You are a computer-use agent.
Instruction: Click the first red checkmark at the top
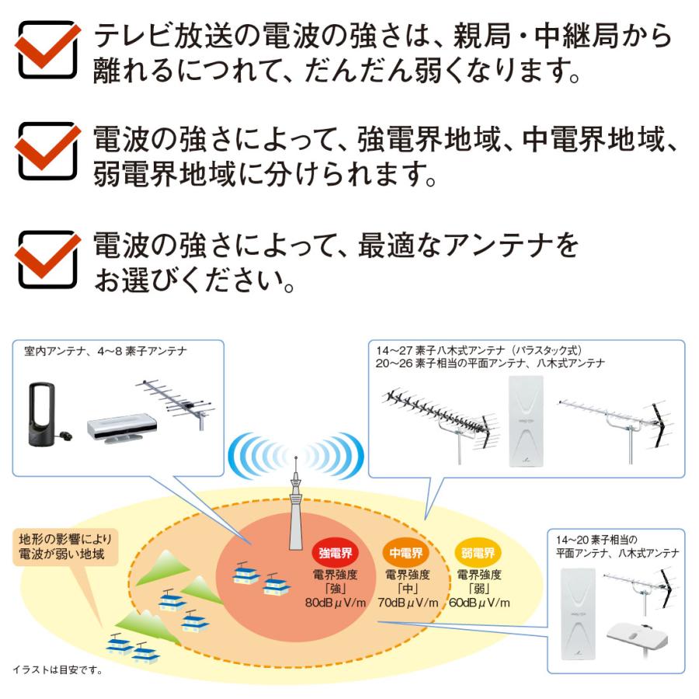click(48, 49)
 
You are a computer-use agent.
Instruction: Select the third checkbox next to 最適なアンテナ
click(48, 259)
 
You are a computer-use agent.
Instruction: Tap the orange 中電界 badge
click(406, 553)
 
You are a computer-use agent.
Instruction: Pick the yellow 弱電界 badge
click(477, 553)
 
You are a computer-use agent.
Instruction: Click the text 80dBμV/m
click(335, 603)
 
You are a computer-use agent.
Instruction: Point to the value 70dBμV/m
click(406, 603)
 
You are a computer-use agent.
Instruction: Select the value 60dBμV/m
click(478, 603)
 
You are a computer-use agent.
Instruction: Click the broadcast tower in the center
click(294, 513)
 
